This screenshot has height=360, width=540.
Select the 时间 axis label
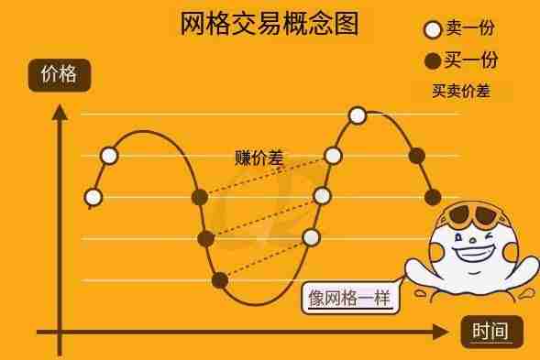[490, 331]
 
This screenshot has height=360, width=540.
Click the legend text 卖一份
[472, 29]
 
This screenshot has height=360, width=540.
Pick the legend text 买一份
[472, 60]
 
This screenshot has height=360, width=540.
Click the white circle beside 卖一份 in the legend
[434, 29]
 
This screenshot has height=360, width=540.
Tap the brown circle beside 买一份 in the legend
[434, 61]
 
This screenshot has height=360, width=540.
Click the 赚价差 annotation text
[259, 158]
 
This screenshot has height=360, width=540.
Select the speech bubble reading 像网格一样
[351, 298]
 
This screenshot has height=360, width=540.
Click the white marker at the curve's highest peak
[358, 115]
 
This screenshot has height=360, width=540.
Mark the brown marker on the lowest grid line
[220, 279]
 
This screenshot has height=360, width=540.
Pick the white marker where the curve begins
[93, 196]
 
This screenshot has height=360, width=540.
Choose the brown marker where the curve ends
[434, 196]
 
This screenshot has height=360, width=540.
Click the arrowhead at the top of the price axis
[60, 113]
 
